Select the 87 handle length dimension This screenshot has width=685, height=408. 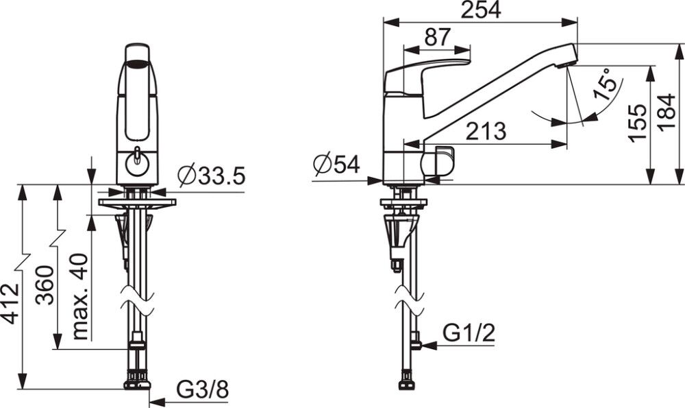point(437,37)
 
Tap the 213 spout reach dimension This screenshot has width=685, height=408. point(486,131)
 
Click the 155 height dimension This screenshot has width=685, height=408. point(638,123)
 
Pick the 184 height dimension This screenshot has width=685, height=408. point(667,112)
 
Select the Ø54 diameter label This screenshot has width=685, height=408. point(336,165)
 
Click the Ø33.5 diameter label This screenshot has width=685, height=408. point(212,176)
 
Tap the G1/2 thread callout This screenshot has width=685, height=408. point(469,333)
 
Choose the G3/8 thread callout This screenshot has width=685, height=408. point(202,389)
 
